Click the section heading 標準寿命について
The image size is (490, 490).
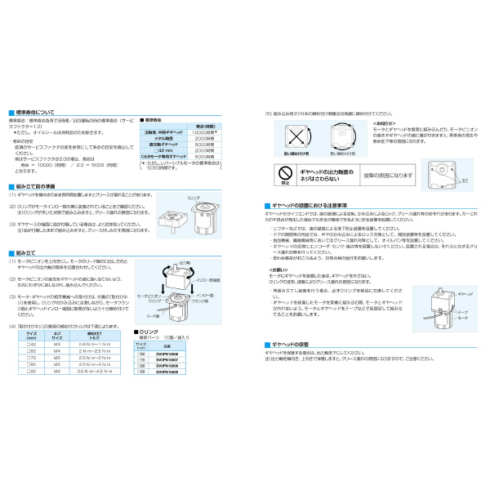pos(38,112)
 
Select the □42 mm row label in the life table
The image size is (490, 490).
pos(163,149)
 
